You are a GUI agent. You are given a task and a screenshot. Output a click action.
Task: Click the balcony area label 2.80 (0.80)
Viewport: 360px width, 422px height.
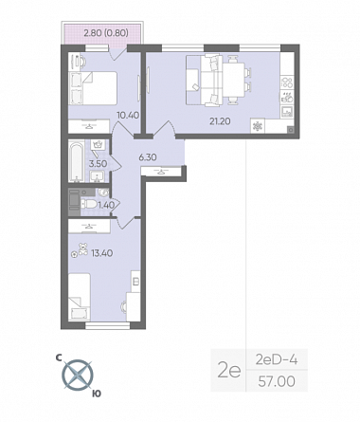(x=106, y=32)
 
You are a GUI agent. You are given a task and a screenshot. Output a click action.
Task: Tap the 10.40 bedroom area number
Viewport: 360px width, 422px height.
(x=128, y=115)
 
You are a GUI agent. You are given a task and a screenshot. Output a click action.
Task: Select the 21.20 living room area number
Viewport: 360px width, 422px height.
(x=220, y=120)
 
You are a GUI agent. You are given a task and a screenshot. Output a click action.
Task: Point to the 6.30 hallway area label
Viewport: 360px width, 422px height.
(x=148, y=156)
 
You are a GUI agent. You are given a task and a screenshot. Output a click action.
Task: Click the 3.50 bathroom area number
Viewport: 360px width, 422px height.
(x=98, y=164)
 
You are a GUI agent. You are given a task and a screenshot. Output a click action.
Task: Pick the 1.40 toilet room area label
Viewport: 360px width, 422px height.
(x=106, y=205)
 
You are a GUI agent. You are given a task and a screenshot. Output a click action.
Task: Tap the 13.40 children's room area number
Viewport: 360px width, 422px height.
(x=102, y=253)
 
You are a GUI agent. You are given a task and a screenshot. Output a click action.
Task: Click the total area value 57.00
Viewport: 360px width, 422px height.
(x=277, y=381)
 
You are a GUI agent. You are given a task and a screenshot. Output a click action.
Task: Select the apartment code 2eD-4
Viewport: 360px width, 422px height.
(x=277, y=359)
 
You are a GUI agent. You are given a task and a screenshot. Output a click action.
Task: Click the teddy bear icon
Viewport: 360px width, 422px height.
(x=83, y=248)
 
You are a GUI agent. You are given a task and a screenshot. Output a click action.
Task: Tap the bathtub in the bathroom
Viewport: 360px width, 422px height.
(x=77, y=162)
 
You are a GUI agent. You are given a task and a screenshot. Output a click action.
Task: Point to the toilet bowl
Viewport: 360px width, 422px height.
(x=88, y=204)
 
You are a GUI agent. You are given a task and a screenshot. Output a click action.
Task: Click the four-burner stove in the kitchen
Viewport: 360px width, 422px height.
(x=287, y=83)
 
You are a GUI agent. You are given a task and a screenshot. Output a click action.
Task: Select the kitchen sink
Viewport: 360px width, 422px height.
(x=287, y=111)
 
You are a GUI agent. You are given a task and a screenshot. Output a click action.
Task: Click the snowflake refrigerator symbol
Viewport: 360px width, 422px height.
(x=258, y=126)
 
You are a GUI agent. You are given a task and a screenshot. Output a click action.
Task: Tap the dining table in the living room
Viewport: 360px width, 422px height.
(x=234, y=81)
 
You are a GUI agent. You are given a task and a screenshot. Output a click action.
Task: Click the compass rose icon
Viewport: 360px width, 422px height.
(x=78, y=376)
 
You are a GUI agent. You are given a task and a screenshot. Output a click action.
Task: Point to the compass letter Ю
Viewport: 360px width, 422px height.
(x=97, y=394)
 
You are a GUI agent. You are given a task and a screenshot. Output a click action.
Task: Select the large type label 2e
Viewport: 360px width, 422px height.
(x=229, y=371)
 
